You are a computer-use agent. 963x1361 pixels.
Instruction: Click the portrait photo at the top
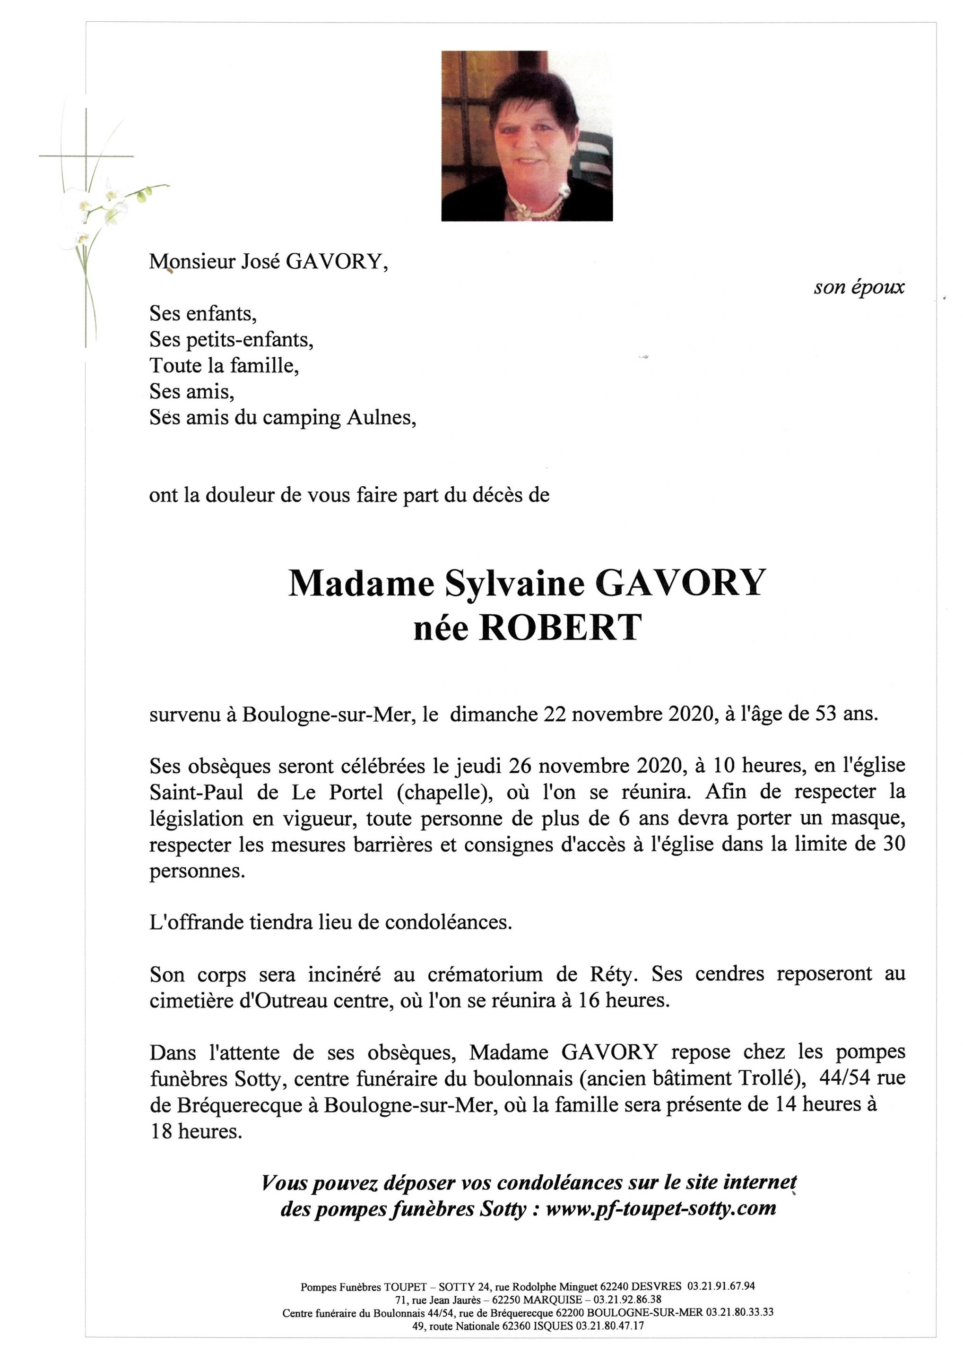click(x=527, y=136)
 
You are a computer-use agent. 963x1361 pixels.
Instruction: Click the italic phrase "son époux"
click(x=859, y=287)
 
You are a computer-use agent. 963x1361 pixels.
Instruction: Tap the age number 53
click(x=827, y=714)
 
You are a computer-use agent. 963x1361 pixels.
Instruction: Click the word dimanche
click(x=495, y=714)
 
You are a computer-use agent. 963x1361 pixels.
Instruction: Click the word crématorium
click(x=485, y=974)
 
